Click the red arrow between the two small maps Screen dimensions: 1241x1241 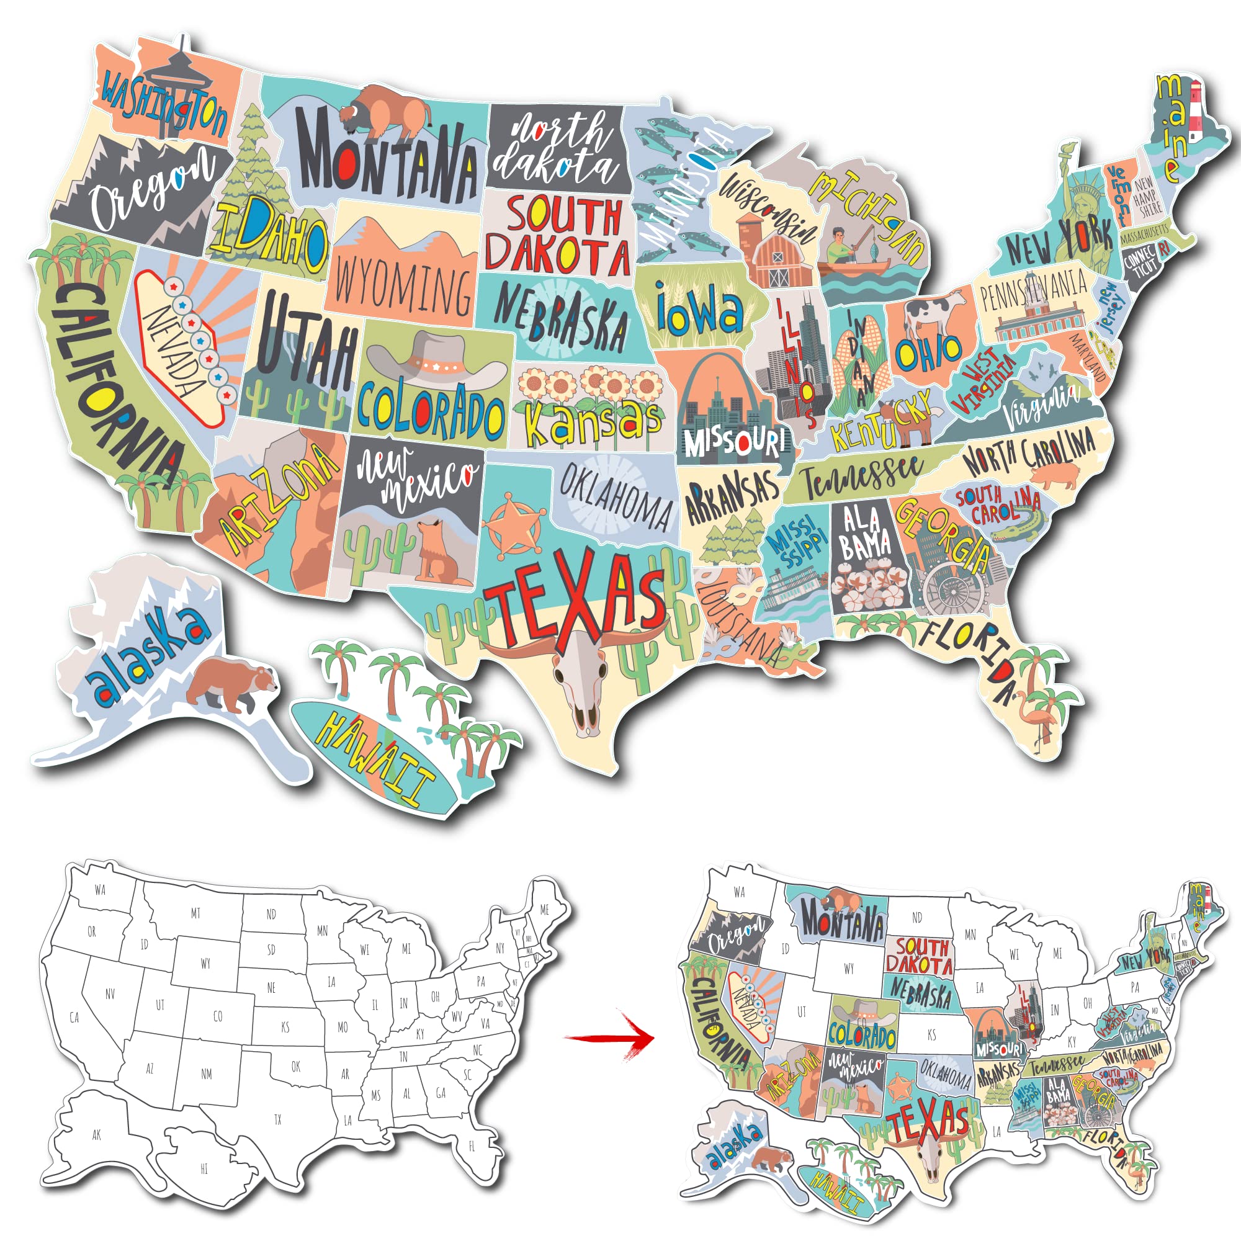pyautogui.click(x=609, y=1037)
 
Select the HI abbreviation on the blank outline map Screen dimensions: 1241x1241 pyautogui.click(x=204, y=1169)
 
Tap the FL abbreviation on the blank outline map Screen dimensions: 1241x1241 pyautogui.click(x=472, y=1146)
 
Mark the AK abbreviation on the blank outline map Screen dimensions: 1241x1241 pyautogui.click(x=96, y=1135)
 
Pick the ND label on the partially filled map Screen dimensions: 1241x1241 pyautogui.click(x=916, y=918)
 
